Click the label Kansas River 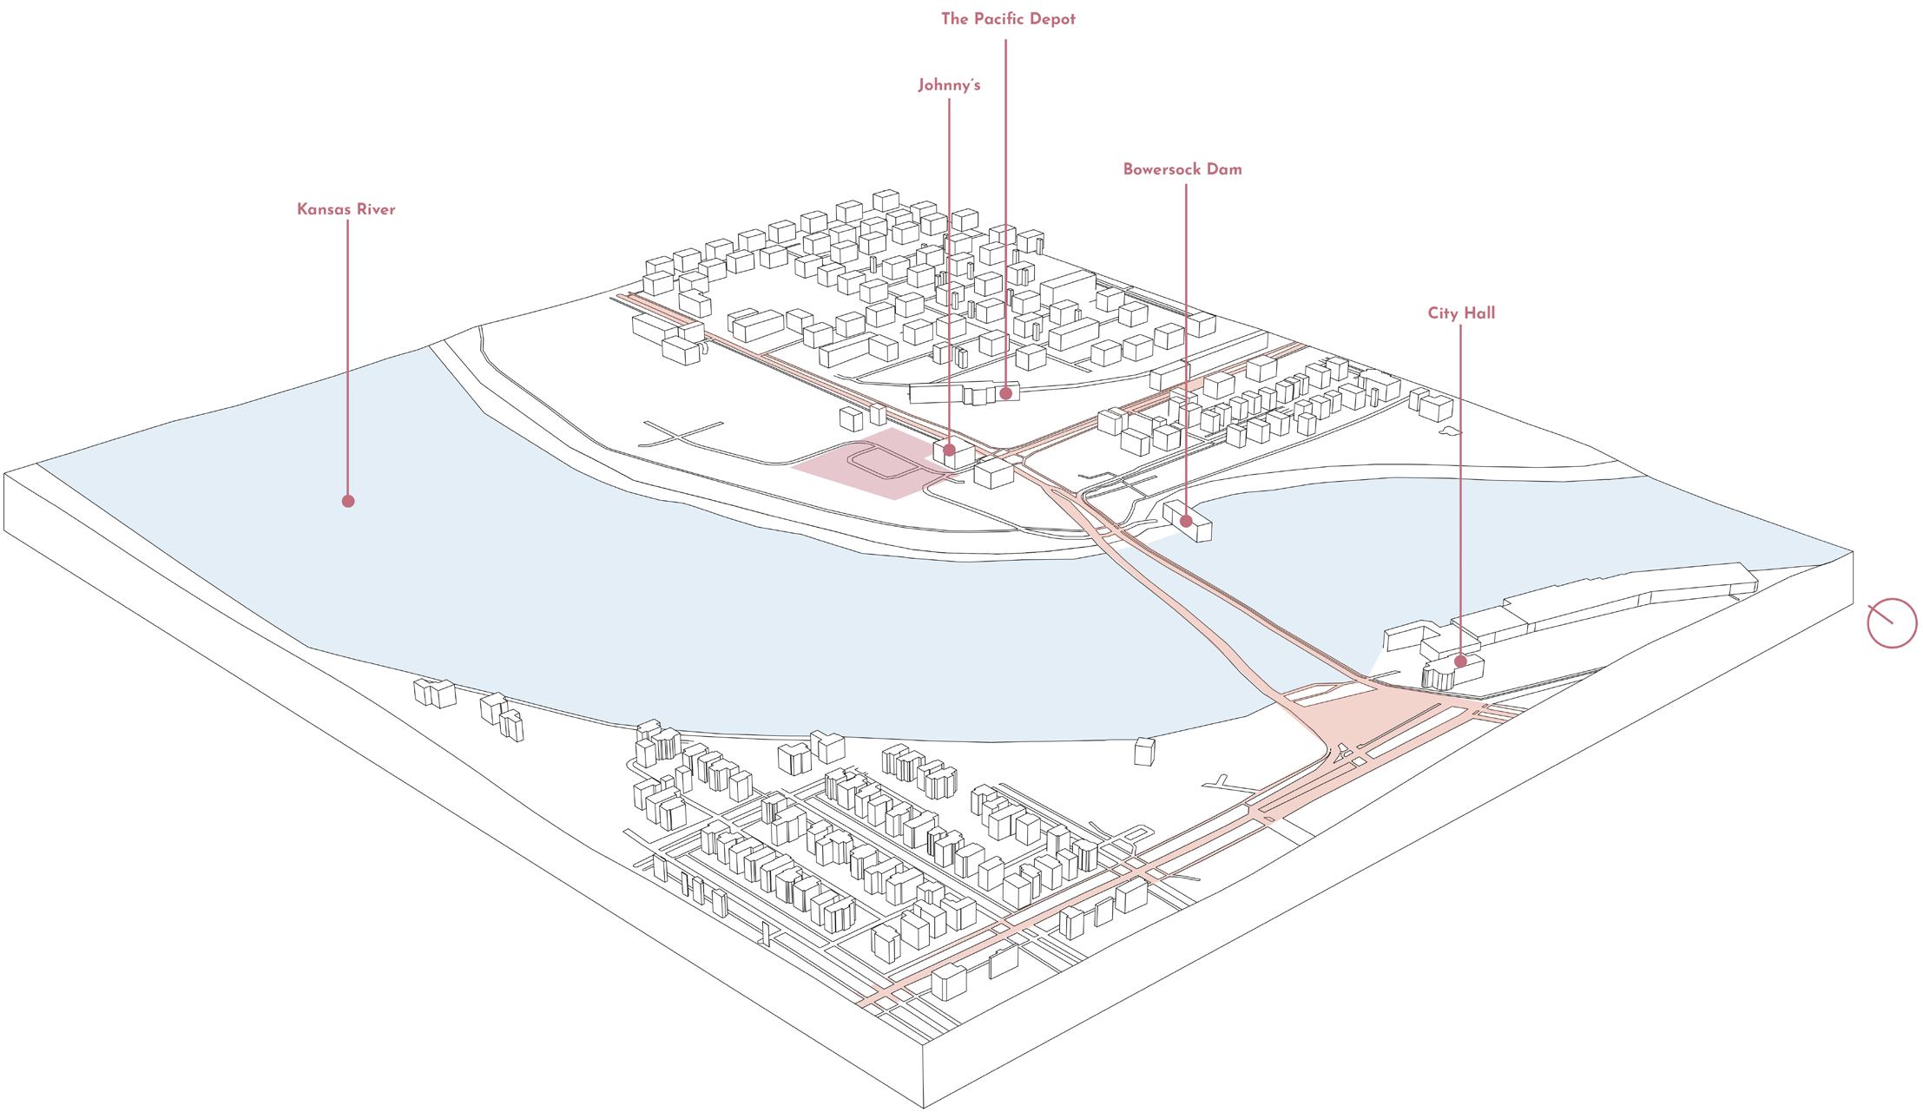click(x=346, y=209)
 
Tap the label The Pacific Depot click(x=1008, y=19)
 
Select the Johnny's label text click(x=949, y=85)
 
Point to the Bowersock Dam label click(x=1182, y=169)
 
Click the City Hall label click(x=1461, y=313)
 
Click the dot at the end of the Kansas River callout click(x=348, y=501)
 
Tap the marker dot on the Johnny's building click(x=950, y=450)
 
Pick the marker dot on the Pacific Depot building click(x=1005, y=393)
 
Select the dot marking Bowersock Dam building click(x=1186, y=521)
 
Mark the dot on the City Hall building click(x=1461, y=661)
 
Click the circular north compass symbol click(x=1892, y=623)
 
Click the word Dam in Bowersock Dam click(x=1227, y=169)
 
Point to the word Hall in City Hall click(x=1478, y=313)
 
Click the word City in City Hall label click(x=1442, y=313)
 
